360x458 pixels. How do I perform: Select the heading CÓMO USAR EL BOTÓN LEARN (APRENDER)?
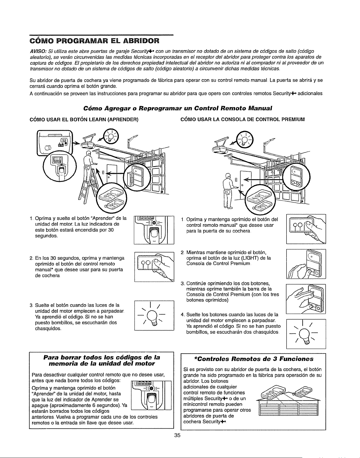coord(84,120)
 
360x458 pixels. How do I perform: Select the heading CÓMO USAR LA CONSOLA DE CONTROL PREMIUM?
coord(243,120)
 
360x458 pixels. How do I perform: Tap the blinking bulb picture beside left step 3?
coord(154,316)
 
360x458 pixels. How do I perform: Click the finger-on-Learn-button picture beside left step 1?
coord(154,230)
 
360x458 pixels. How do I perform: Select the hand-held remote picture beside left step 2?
coord(154,267)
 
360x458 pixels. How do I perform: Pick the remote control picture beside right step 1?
coord(306,229)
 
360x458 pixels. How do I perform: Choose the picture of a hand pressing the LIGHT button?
coord(306,264)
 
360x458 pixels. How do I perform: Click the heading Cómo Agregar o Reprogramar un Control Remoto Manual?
coord(178,108)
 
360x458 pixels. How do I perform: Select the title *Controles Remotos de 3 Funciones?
coord(254,359)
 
